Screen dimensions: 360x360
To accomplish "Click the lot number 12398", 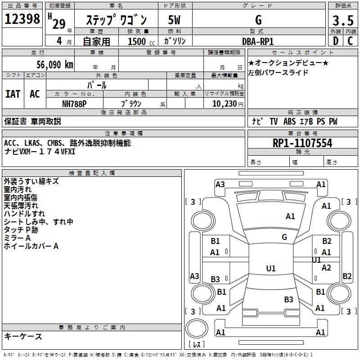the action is [22, 18].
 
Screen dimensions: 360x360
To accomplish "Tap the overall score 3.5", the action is [343, 20].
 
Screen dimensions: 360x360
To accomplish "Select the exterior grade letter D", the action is [336, 41].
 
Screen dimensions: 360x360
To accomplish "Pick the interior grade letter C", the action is [350, 41].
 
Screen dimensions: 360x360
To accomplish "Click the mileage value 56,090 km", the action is [55, 64].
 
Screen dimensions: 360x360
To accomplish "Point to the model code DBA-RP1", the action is [258, 41].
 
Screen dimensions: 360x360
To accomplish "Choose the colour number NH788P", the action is [74, 104].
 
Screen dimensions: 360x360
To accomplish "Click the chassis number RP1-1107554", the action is [302, 143].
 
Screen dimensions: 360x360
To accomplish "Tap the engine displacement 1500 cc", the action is [141, 41].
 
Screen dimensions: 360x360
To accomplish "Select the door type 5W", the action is [174, 20].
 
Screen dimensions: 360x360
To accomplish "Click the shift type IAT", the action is [13, 94].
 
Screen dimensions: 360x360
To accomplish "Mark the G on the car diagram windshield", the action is [284, 237].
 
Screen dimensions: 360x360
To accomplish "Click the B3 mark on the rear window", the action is [288, 299].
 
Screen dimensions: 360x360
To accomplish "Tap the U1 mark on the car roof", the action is [271, 268].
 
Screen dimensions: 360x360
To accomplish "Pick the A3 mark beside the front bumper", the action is [220, 184].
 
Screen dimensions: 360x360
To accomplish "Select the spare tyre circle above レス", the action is [197, 328].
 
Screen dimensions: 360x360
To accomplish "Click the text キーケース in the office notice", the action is [23, 336].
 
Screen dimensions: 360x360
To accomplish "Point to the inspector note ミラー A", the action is [17, 238].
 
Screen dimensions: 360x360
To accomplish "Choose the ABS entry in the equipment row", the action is [289, 121].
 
